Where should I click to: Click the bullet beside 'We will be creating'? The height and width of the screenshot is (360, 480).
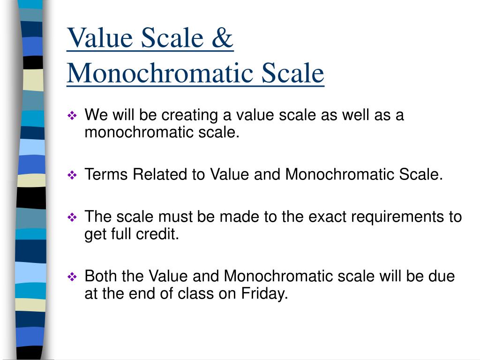pyautogui.click(x=72, y=116)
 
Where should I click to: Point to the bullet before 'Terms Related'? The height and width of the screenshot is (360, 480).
pyautogui.click(x=72, y=176)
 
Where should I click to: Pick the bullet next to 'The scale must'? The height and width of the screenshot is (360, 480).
pyautogui.click(x=72, y=217)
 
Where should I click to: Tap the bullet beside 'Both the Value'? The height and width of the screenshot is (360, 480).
pyautogui.click(x=72, y=277)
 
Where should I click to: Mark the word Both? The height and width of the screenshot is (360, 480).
pyautogui.click(x=101, y=276)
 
